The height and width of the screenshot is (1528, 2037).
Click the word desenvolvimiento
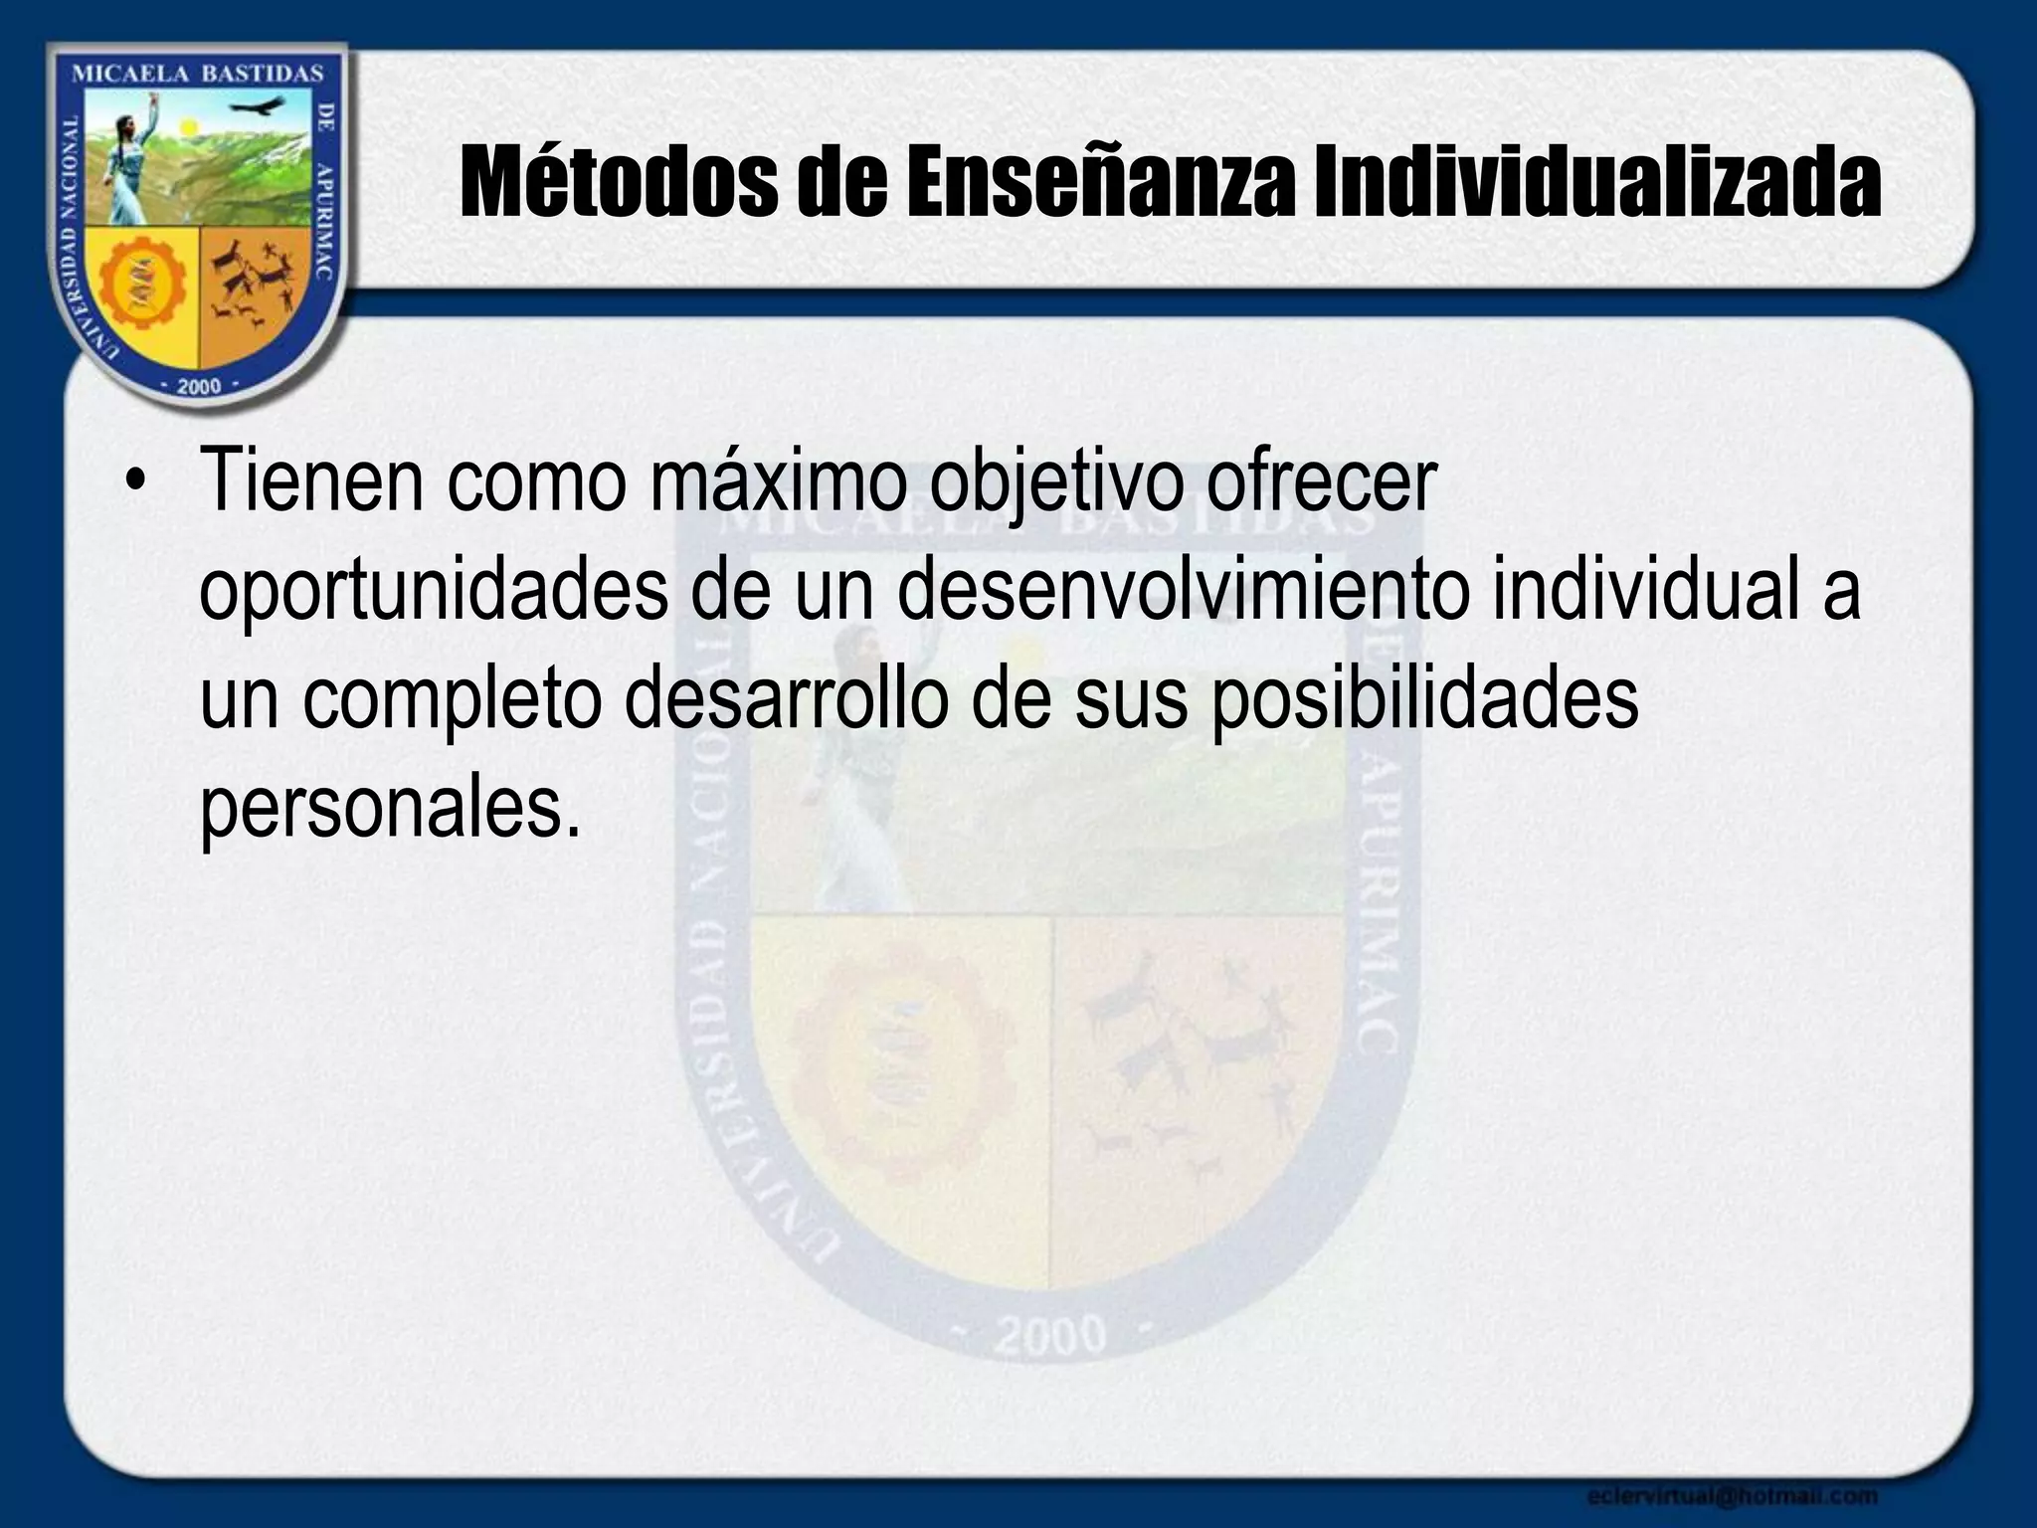tap(1183, 591)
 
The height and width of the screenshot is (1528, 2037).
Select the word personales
tap(389, 809)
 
